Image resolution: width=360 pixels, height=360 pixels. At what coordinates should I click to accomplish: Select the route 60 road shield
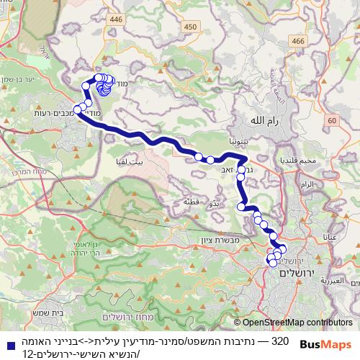click(x=331, y=120)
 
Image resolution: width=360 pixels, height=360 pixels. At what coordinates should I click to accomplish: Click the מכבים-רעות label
click(x=50, y=113)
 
